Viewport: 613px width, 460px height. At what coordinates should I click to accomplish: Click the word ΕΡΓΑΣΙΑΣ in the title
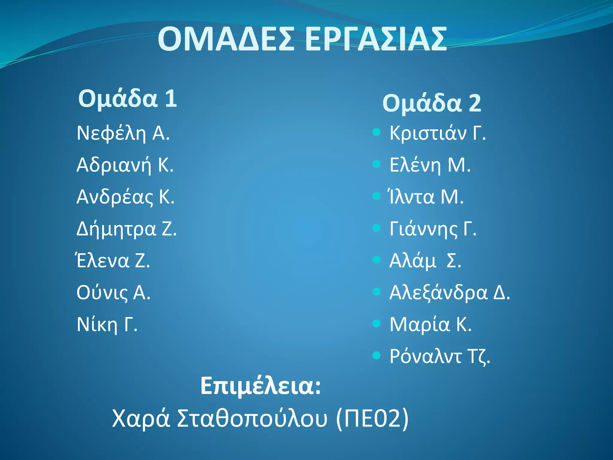click(x=376, y=39)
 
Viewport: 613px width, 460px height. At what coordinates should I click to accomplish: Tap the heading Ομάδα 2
click(x=432, y=103)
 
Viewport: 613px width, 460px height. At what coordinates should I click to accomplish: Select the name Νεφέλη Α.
click(x=123, y=133)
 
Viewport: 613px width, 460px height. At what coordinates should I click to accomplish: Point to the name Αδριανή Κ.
click(x=125, y=165)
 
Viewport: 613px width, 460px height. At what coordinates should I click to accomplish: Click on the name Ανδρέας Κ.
click(x=125, y=197)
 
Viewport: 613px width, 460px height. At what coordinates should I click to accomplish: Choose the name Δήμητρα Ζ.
click(x=127, y=229)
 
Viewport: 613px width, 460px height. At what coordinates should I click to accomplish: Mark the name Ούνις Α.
click(x=113, y=293)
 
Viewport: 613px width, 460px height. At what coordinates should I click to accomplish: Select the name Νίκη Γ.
click(x=107, y=325)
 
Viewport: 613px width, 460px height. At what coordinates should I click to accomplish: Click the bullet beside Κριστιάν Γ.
click(x=377, y=132)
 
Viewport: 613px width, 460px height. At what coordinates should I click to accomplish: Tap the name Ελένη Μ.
click(x=430, y=165)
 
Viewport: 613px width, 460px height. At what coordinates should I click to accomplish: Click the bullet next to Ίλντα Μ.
click(x=377, y=196)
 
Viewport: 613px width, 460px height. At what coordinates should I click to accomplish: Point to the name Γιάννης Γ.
click(x=433, y=229)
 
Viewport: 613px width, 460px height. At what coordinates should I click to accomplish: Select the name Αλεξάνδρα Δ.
click(x=450, y=293)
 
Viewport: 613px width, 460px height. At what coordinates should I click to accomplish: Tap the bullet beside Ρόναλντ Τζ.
click(x=377, y=355)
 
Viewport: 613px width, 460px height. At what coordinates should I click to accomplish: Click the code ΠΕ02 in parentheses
click(x=372, y=418)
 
